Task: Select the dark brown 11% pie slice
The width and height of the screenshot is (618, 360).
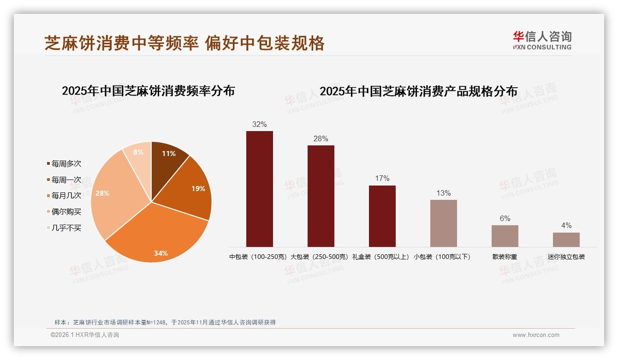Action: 167,159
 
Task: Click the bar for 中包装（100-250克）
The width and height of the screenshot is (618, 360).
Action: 259,189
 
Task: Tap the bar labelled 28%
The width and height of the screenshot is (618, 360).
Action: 321,196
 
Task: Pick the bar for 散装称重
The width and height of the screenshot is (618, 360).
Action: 505,236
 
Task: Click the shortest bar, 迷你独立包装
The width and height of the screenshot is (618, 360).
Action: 566,240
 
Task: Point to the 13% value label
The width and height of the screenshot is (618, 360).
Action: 444,193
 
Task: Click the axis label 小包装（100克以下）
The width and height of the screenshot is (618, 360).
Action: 442,257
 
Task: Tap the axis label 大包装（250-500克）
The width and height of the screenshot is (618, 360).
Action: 320,257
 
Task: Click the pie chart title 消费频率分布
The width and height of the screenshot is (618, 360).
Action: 148,91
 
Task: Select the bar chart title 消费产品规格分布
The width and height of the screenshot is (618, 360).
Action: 418,91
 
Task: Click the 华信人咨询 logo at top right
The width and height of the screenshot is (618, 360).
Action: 542,40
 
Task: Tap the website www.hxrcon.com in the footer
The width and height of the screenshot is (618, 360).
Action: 536,335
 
